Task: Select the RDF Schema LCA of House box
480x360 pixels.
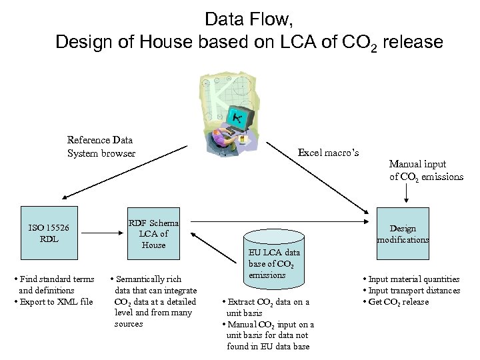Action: coord(154,234)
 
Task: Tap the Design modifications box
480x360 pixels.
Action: coord(403,234)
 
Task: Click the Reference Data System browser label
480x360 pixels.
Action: coord(101,147)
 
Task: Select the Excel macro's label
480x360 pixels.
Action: coord(328,153)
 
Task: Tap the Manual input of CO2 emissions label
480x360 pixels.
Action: coord(425,170)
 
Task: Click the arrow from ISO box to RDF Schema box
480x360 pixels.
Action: coord(106,233)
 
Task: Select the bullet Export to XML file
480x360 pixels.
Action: coord(53,302)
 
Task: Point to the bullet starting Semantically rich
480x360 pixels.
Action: coord(154,301)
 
